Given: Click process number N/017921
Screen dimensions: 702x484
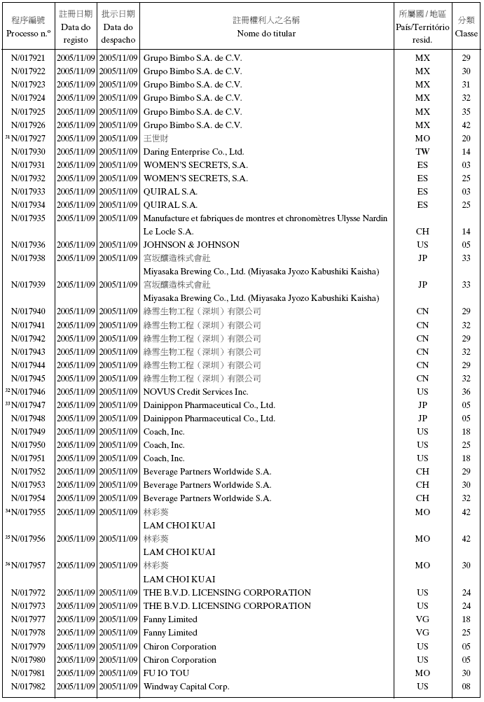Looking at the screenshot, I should tap(29, 58).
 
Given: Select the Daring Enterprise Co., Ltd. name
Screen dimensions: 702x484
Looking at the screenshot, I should tap(193, 152).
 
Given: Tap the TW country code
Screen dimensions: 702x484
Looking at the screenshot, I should tap(422, 152).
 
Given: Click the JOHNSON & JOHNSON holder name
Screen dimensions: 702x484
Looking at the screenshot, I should tap(191, 245).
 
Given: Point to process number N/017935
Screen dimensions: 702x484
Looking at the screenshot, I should tap(29, 218).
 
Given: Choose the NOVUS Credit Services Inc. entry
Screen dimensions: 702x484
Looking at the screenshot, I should tap(195, 392).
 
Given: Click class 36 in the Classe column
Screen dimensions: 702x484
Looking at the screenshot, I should tap(466, 392).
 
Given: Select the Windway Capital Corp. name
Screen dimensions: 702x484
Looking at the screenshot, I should tap(186, 687).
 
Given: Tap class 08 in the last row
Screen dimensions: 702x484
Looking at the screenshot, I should tap(466, 687).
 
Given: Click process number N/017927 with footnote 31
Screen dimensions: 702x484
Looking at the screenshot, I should tap(29, 139).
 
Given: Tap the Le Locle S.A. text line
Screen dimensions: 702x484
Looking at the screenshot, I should tap(168, 232).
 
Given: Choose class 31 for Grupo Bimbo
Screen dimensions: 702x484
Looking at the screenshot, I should tap(466, 85).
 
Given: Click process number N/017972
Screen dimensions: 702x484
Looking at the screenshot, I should tap(29, 593).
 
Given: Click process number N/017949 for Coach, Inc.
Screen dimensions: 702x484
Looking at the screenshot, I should tap(29, 432).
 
